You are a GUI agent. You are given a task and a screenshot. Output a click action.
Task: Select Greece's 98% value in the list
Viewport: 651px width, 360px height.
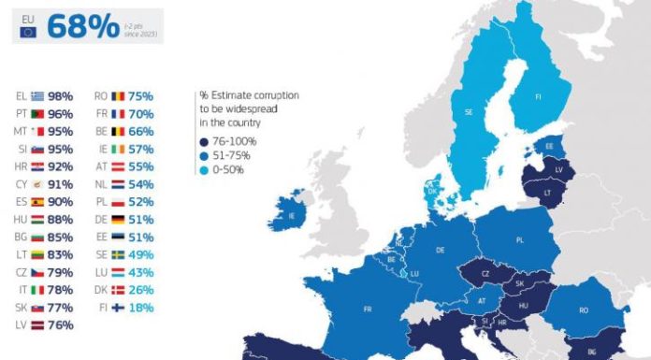[60, 95]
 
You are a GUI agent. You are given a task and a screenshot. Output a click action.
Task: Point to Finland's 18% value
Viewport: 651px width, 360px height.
[140, 307]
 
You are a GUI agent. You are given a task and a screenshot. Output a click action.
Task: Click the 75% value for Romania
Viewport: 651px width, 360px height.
[140, 95]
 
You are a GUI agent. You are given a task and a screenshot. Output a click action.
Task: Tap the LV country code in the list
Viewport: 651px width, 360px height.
[21, 324]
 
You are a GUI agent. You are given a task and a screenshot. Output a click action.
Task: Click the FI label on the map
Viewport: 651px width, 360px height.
[538, 96]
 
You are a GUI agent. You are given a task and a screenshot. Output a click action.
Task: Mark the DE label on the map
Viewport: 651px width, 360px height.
[440, 251]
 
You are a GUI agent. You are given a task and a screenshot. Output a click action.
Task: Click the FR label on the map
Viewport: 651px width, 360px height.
[369, 309]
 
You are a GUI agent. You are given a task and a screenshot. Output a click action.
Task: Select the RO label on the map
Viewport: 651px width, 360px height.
[585, 310]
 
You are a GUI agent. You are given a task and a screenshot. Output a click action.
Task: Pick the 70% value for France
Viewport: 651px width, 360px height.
[140, 113]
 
